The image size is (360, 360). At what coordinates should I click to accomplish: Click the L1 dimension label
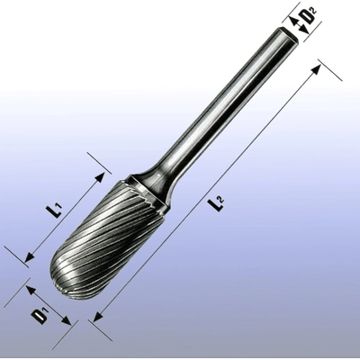[x=54, y=212]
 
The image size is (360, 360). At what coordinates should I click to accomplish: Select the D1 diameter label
[x=40, y=316]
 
